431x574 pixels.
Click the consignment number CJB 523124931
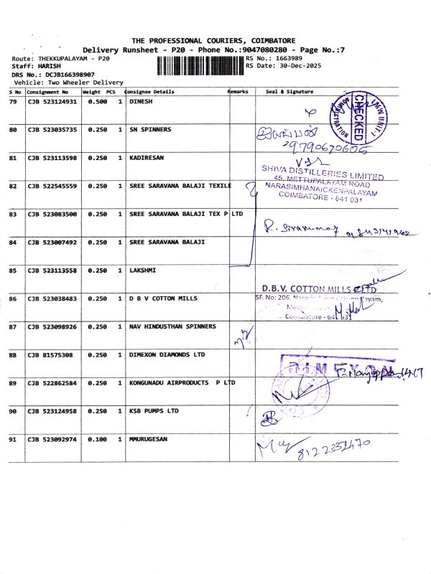pos(52,102)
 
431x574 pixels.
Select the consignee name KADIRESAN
pos(148,158)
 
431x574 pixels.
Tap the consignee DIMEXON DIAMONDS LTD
pos(167,354)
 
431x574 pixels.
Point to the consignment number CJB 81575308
pos(50,354)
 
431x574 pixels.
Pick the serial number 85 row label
pos(12,270)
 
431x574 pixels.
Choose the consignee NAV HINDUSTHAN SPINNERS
pos(172,326)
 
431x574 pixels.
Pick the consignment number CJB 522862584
pos(52,382)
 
